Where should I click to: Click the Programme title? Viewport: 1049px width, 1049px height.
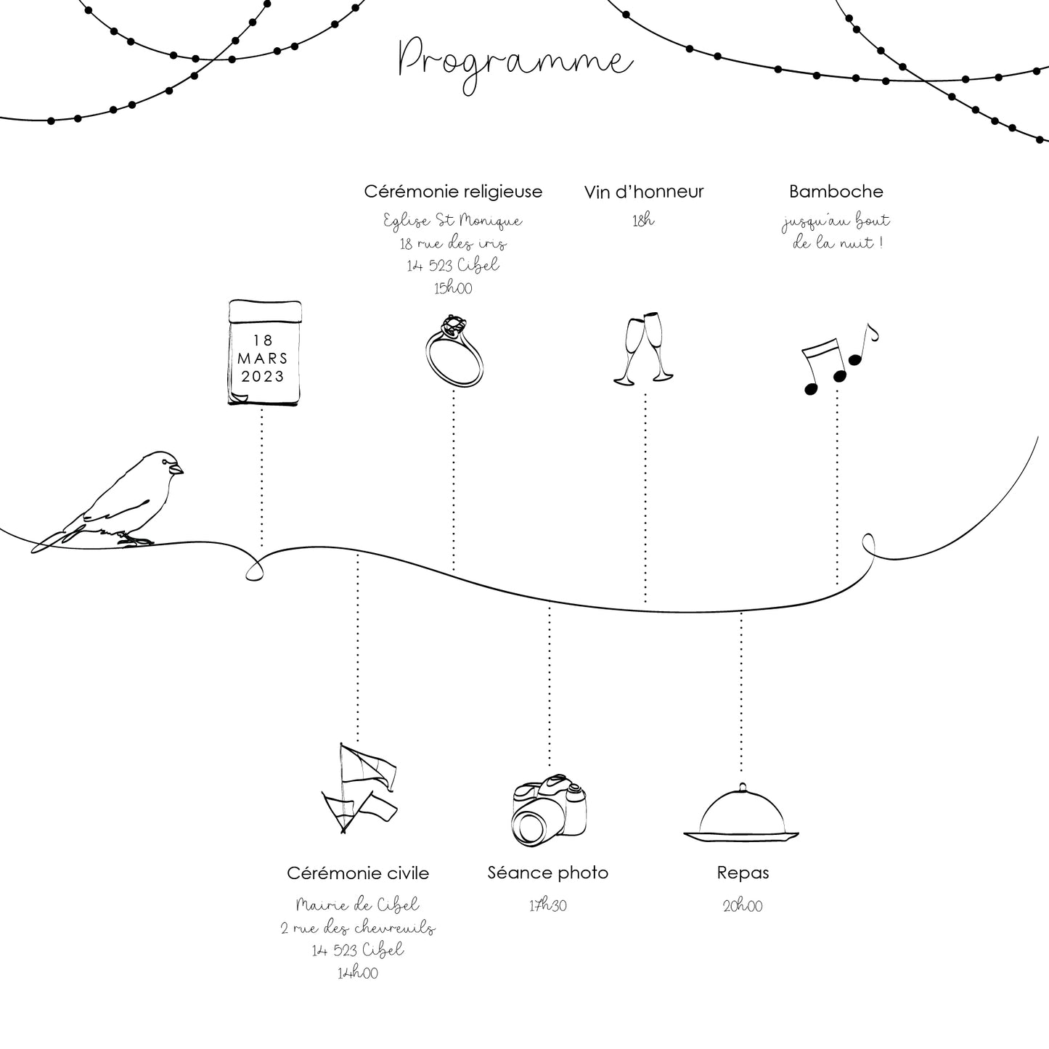click(x=515, y=62)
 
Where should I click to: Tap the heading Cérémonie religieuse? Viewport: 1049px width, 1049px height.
click(x=453, y=192)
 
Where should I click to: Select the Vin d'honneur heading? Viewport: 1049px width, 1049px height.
click(x=644, y=192)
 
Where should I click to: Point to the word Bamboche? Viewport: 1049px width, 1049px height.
click(x=836, y=192)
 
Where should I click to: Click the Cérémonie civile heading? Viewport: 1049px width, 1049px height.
click(x=358, y=873)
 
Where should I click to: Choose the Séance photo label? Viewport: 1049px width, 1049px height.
click(x=548, y=873)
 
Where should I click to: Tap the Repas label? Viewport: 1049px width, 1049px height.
click(x=743, y=873)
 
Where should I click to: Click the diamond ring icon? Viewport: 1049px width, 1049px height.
click(x=454, y=351)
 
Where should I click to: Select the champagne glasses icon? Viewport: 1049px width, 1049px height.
click(x=644, y=348)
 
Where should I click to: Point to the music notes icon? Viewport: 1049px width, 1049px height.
click(x=838, y=359)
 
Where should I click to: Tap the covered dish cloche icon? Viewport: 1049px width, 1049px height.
click(x=741, y=813)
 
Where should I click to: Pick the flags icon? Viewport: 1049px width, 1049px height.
click(x=359, y=787)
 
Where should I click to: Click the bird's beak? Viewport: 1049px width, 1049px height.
click(x=178, y=470)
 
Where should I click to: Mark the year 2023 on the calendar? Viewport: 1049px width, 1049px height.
click(x=263, y=377)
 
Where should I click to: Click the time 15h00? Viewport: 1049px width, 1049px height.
click(x=453, y=288)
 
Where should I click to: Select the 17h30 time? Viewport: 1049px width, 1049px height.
click(x=548, y=905)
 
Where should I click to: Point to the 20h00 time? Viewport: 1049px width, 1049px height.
click(x=743, y=906)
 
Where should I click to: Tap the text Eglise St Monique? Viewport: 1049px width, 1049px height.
click(x=453, y=220)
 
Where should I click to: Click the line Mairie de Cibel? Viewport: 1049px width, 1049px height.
click(x=358, y=905)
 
